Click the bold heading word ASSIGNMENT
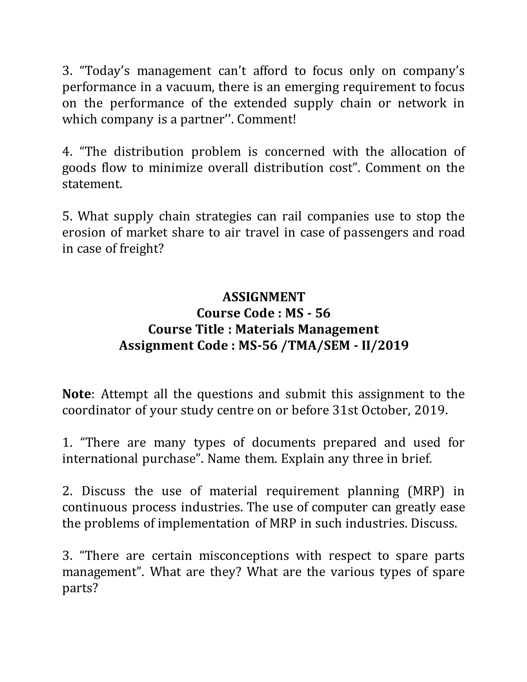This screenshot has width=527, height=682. point(263,297)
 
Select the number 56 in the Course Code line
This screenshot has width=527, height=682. point(322,313)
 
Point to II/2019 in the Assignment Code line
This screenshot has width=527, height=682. point(385,345)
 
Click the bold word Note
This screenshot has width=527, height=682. point(76,394)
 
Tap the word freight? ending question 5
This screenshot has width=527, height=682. point(142,249)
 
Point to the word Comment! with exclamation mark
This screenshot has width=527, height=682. point(266,119)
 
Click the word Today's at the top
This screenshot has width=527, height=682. point(104,71)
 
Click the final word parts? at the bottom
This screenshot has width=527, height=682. point(80,588)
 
